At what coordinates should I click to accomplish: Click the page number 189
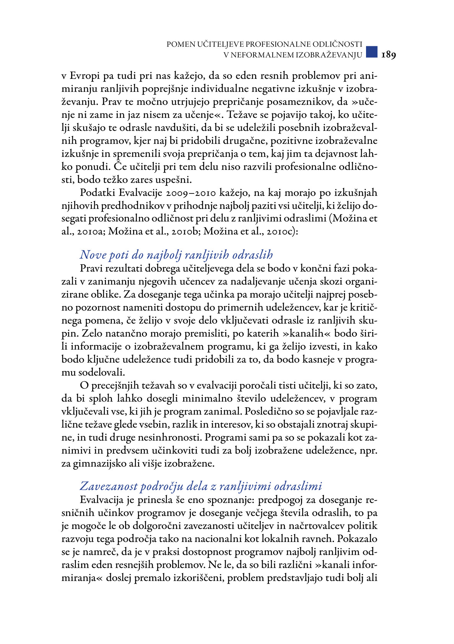pos(388,55)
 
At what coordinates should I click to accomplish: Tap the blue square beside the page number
pos(371,52)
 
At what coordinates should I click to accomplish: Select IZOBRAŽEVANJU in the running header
pos(329,55)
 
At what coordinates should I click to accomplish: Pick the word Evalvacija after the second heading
pos(102,500)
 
